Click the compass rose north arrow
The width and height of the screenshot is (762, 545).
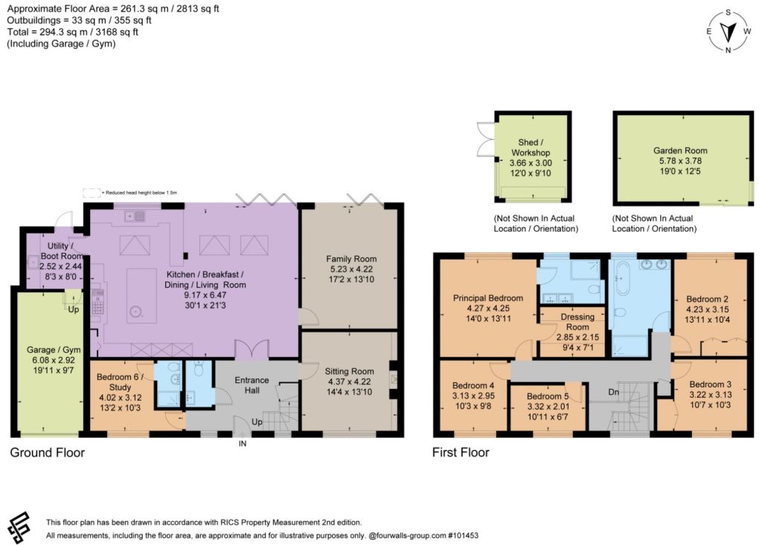pos(728,32)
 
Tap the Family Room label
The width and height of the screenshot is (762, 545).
pos(351,259)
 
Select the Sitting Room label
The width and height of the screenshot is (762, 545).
pos(350,371)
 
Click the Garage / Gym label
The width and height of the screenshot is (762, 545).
pos(54,349)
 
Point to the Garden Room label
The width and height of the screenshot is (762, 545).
pos(680,151)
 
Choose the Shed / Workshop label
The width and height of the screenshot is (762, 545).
pos(531,147)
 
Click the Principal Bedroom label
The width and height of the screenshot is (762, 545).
pos(488,298)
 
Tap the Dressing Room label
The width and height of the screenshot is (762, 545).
pos(577,321)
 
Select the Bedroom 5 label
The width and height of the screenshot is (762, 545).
pos(547,396)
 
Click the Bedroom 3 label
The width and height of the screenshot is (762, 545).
pos(710,384)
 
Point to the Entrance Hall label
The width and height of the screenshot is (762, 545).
pos(252,384)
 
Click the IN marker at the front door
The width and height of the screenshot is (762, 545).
pos(242,443)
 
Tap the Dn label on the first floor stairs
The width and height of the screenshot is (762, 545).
pos(614,392)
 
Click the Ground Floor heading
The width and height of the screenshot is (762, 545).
pos(47,453)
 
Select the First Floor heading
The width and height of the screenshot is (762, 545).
pos(461,453)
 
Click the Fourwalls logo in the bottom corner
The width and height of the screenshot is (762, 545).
pos(19,529)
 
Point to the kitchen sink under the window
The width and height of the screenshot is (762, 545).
pos(135,216)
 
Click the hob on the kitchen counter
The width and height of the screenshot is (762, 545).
pos(97,302)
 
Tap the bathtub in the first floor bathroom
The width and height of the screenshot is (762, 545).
pos(622,277)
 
